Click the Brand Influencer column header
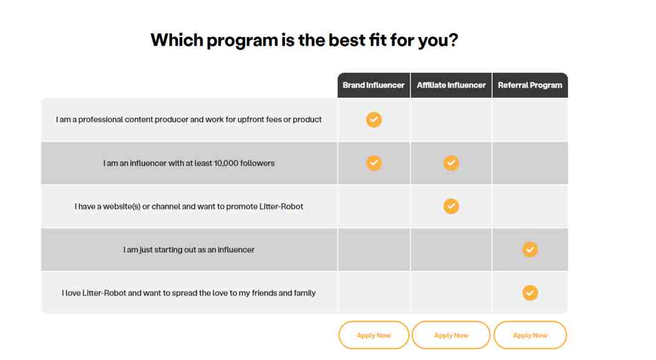[374, 86]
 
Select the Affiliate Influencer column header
[451, 86]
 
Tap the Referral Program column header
[530, 86]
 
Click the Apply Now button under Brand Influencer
[374, 335]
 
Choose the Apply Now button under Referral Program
[530, 335]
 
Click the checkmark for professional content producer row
[374, 120]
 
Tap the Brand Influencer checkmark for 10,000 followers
[374, 163]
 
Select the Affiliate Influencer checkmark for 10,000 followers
[451, 163]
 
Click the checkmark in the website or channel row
[451, 206]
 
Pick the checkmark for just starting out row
[530, 250]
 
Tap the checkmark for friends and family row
[530, 293]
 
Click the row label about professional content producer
[189, 120]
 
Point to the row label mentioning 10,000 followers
[189, 163]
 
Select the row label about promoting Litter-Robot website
[189, 206]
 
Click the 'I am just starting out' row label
[189, 250]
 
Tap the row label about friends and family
[189, 293]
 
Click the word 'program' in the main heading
[242, 41]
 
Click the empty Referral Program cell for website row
[530, 206]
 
